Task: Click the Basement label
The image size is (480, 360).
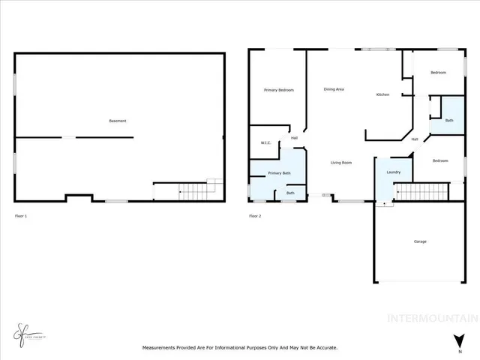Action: pos(117,121)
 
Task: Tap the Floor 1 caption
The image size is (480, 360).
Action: pos(21,216)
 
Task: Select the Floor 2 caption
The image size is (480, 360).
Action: pos(255,216)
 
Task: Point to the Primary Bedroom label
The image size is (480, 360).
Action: pos(278,90)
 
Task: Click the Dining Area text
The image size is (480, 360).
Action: pos(334,89)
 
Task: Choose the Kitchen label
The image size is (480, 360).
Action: pos(382,94)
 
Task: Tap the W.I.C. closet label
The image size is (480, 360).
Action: pos(265,142)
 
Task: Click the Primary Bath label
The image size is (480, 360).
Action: pos(279,174)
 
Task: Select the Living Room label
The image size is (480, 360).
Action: pos(342,162)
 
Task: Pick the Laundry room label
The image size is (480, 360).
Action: pos(394,172)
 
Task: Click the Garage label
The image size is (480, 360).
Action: pos(420,241)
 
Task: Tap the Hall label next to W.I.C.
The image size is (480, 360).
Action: pos(295,138)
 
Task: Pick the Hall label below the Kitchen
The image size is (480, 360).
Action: pos(415,139)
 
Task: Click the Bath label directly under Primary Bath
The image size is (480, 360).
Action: pos(290,193)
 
